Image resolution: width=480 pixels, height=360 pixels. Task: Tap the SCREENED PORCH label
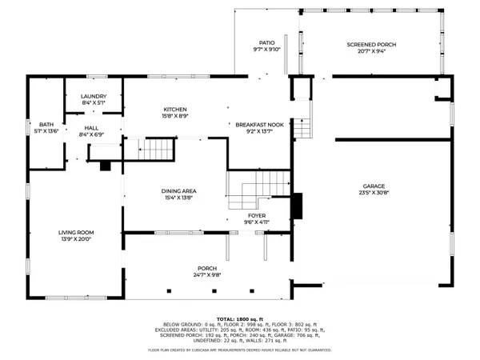371,44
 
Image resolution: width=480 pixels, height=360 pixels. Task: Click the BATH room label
46,125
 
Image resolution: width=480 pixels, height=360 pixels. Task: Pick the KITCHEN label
175,110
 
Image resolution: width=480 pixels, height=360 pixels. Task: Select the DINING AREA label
179,191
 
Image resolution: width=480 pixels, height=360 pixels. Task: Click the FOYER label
257,215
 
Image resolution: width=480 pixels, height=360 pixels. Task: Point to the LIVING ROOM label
76,233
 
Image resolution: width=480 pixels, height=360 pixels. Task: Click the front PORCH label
207,268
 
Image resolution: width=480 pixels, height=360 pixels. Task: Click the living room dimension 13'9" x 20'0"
76,240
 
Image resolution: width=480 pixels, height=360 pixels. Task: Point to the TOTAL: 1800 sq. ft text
239,318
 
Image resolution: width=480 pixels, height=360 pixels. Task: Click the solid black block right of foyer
298,206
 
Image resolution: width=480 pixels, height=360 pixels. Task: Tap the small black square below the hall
105,166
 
